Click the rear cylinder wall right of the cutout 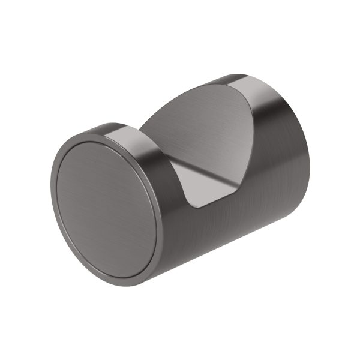[x=276, y=138]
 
